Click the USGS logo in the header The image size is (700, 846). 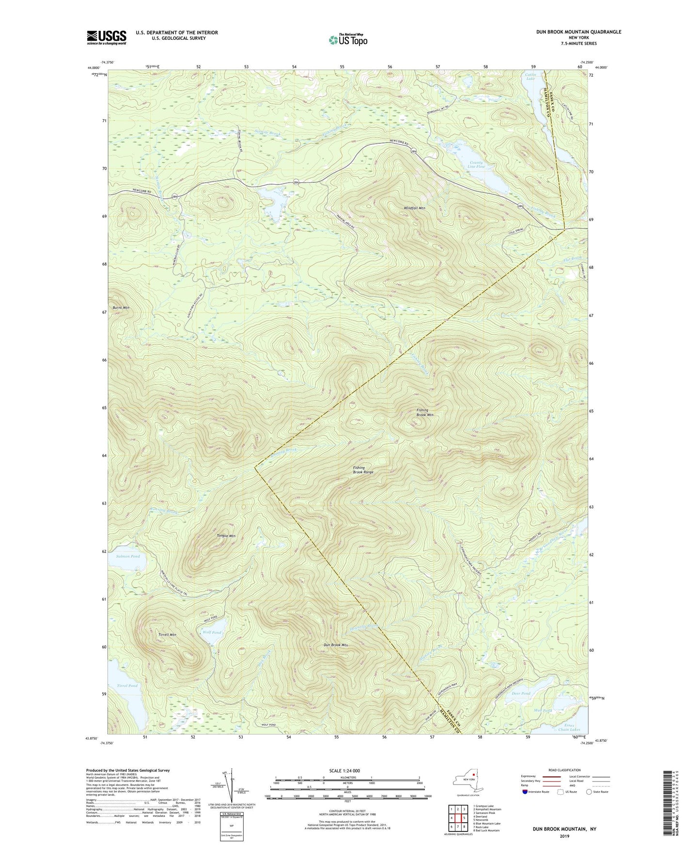click(107, 37)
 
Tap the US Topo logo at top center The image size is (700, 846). click(347, 40)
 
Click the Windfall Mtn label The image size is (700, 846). click(414, 208)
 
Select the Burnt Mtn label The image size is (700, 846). click(121, 308)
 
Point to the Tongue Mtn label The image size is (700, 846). click(226, 536)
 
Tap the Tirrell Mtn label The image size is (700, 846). click(168, 634)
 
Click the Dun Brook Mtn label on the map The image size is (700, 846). click(336, 645)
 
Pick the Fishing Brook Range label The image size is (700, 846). click(363, 470)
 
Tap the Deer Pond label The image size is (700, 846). click(521, 693)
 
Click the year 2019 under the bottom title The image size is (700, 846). click(564, 836)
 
